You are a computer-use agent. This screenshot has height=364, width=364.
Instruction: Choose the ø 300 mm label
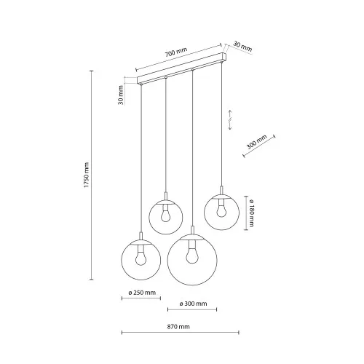pos(192,304)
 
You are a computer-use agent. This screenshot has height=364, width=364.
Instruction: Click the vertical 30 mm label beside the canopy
pos(120,95)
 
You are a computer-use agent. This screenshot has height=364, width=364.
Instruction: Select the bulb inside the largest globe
pos(192,256)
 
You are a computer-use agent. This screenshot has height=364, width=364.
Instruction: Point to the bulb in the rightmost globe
pos(221,212)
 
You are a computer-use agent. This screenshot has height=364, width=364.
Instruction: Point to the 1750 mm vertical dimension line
pos(92,175)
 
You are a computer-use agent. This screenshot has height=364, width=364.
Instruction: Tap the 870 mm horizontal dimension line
pos(179,335)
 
